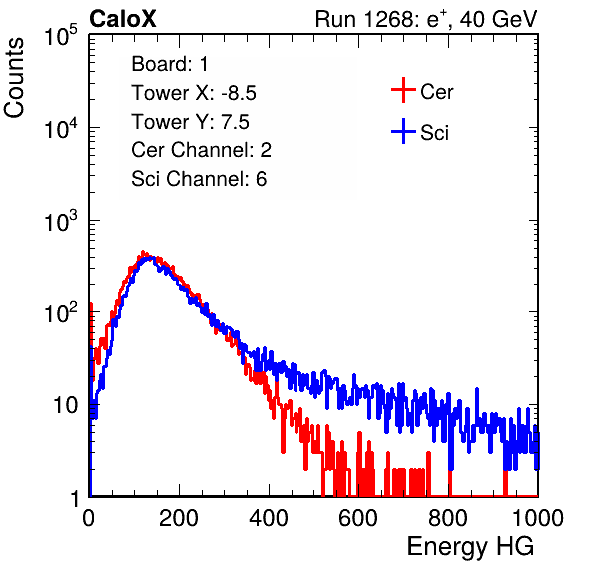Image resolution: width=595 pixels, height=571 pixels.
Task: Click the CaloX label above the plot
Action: [123, 19]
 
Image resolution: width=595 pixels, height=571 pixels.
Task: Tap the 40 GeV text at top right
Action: [498, 19]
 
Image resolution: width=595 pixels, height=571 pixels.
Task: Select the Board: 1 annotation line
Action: [170, 64]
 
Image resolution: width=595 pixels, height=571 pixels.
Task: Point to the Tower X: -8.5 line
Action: [194, 93]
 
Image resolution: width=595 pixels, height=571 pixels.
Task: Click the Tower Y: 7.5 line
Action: [190, 122]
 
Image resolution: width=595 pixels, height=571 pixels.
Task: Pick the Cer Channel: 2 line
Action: [201, 150]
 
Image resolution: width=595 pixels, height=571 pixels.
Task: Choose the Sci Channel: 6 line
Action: [199, 179]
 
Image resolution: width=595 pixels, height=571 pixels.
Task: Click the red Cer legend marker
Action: [403, 90]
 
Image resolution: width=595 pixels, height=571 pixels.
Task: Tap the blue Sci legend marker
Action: [403, 131]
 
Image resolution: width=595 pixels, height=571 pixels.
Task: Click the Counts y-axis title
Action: [14, 77]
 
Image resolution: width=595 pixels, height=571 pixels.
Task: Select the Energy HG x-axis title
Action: [470, 547]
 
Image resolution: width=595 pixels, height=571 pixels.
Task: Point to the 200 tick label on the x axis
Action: [179, 518]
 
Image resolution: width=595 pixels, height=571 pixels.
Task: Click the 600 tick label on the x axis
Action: [358, 518]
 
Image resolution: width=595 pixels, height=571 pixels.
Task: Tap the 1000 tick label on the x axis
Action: [538, 518]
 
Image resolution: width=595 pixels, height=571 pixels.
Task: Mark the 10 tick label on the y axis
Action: [67, 406]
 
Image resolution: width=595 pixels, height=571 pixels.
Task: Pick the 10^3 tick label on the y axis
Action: [61, 221]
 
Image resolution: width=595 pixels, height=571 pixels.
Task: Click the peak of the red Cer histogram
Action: [143, 252]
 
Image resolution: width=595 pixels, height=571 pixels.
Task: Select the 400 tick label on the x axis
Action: [269, 518]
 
